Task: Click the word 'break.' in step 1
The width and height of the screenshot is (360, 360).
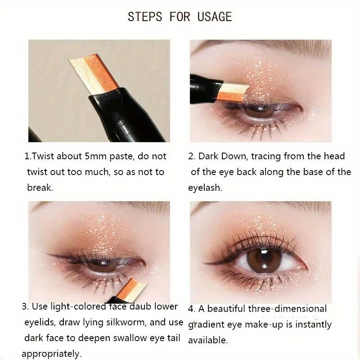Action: pos(40,188)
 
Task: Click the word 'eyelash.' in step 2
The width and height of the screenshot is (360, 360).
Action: pos(205,188)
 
